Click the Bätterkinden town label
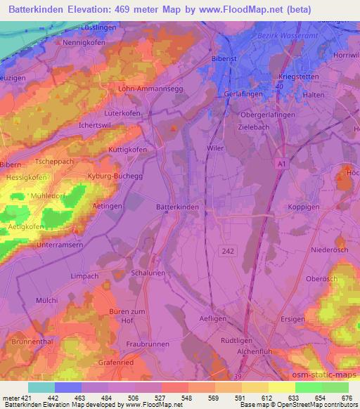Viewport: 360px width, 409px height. click(176, 207)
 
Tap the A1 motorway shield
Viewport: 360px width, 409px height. click(281, 164)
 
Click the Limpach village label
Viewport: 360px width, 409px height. click(84, 276)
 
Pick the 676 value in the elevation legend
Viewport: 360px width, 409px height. click(347, 399)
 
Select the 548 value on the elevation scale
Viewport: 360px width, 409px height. click(188, 399)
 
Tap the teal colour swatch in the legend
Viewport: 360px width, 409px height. click(41, 387)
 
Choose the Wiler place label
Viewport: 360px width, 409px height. click(215, 148)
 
